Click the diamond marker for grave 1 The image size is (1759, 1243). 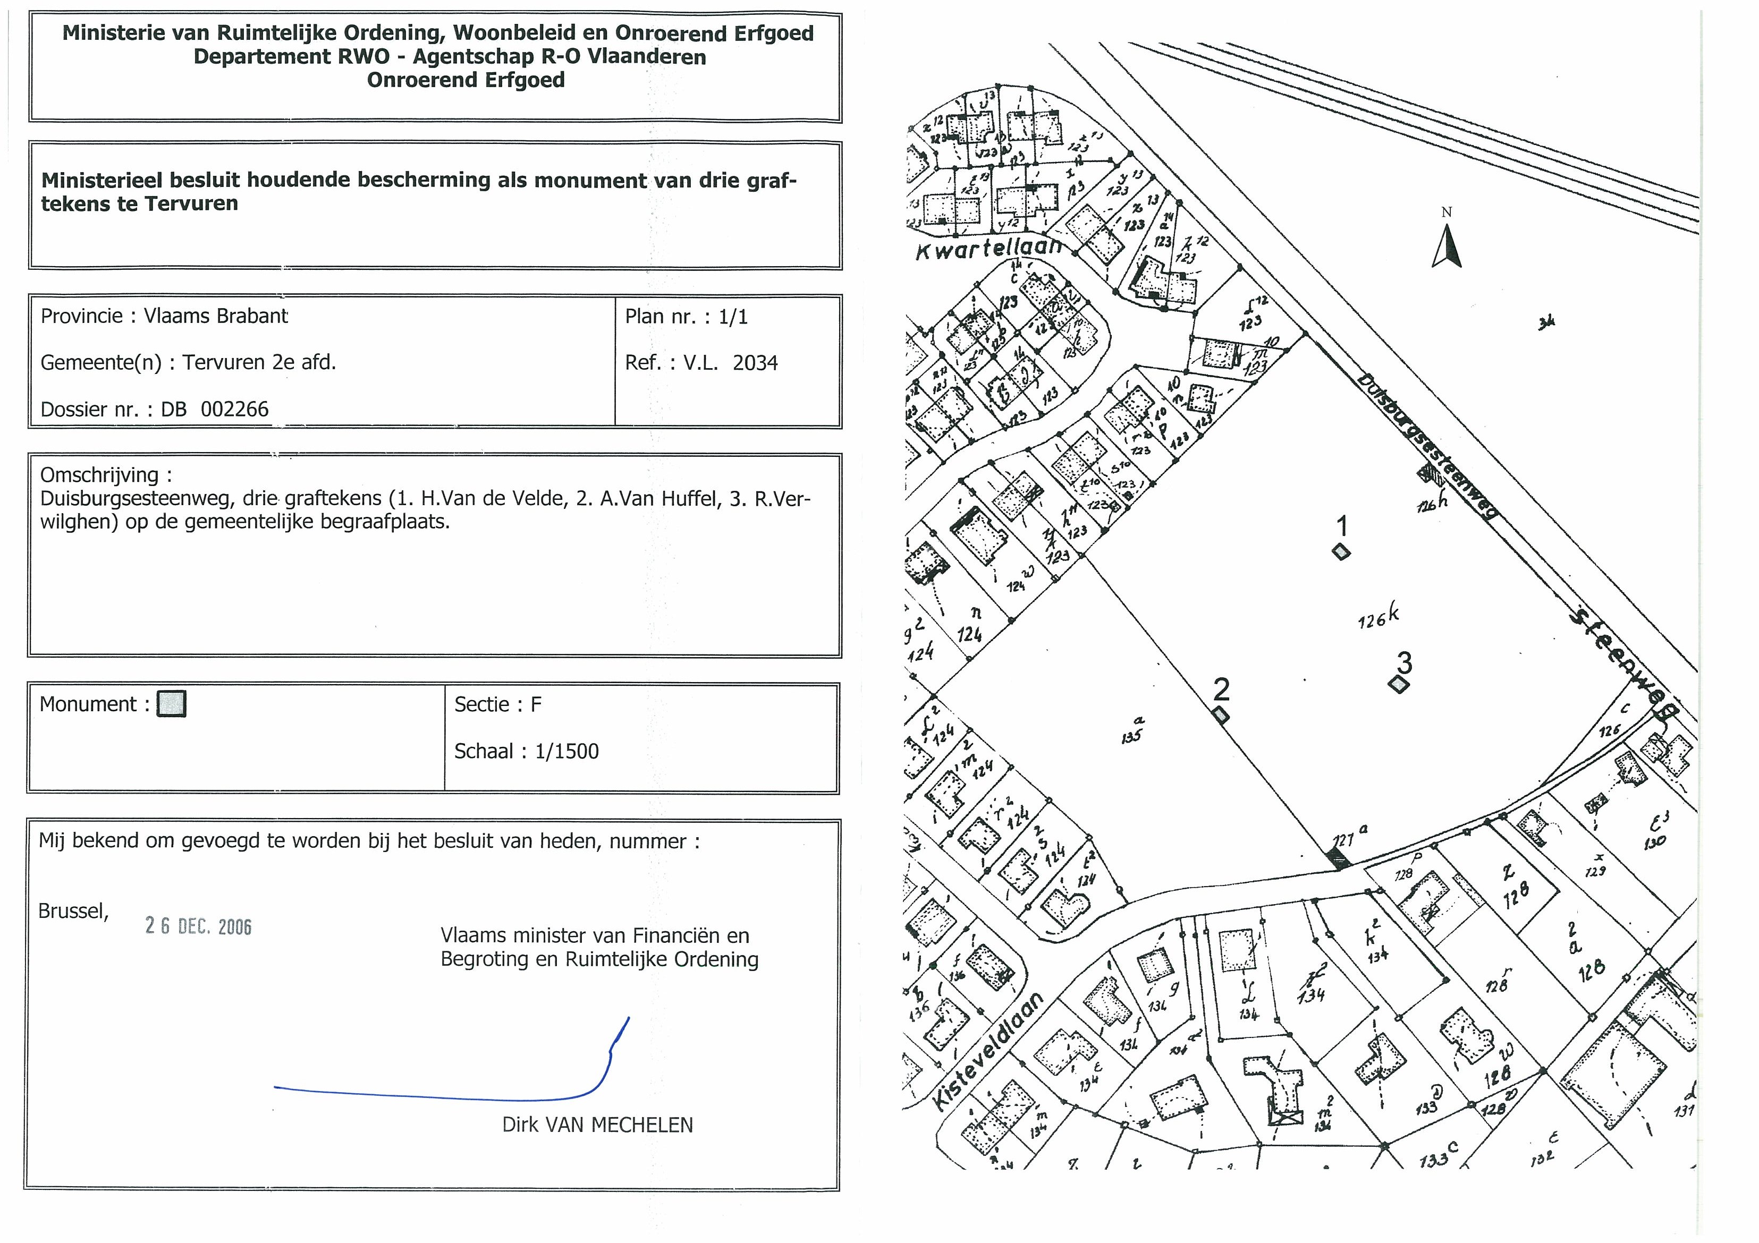(x=1341, y=551)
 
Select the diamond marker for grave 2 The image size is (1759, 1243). (x=1221, y=716)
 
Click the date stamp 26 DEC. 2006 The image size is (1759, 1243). (x=198, y=927)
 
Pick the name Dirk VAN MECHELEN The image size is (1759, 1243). (x=597, y=1125)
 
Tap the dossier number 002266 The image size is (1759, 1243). (x=234, y=409)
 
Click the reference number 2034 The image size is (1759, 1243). (x=755, y=362)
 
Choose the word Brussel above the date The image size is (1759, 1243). (x=73, y=910)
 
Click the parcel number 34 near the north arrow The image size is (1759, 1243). (x=1546, y=323)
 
